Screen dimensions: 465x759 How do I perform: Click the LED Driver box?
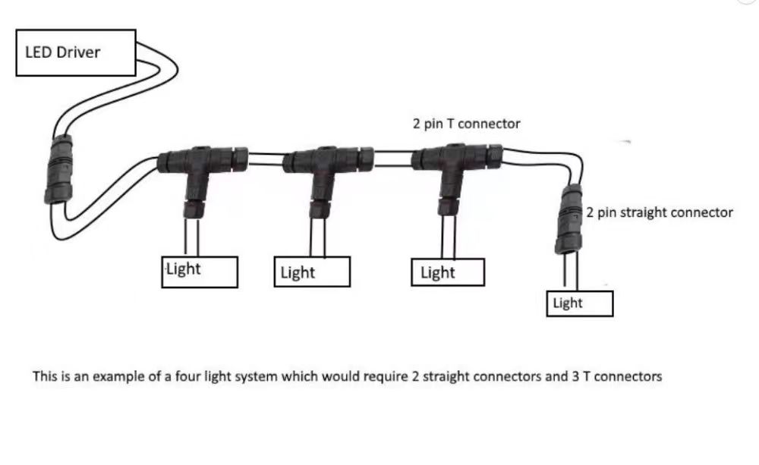pos(76,52)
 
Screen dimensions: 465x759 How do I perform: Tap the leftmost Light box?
pos(200,272)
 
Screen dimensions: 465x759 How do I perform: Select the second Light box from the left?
pos(311,272)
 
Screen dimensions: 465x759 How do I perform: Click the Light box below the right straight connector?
pos(580,303)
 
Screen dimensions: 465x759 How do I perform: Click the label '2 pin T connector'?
pos(466,124)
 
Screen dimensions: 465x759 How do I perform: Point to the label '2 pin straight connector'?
pos(659,212)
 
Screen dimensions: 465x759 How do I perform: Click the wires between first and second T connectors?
pos(266,159)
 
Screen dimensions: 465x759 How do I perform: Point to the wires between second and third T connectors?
pos(392,159)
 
